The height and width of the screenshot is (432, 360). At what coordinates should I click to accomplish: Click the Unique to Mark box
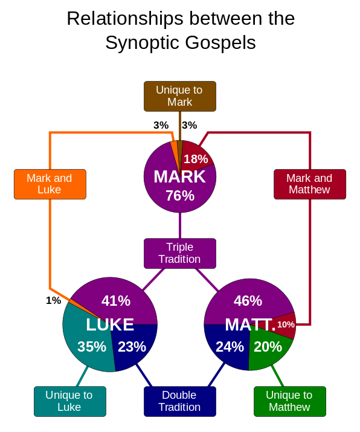pos(180,96)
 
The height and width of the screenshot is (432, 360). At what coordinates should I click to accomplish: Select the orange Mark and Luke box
pos(50,184)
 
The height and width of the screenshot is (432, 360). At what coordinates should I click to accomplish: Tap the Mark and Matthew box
pos(310,184)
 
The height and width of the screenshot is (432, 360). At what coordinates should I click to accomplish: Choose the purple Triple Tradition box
pos(180,253)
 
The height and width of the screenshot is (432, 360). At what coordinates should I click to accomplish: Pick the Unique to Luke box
pos(70,401)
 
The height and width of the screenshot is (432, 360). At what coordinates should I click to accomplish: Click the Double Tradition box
pos(180,401)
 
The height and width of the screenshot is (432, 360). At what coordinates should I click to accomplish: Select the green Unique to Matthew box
pos(290,401)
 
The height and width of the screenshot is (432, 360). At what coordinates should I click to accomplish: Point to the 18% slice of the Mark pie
pos(196,157)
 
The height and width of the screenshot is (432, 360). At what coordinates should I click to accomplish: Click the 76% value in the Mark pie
pos(180,196)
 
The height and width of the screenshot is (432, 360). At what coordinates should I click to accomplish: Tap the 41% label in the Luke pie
pos(116,300)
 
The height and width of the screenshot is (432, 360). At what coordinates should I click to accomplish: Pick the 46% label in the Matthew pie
pos(248,300)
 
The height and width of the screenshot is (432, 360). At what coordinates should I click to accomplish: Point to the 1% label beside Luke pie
pos(53,300)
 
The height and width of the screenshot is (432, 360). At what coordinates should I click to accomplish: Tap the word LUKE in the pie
pos(110,324)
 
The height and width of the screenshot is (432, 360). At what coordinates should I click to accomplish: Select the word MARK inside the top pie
pos(179,176)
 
